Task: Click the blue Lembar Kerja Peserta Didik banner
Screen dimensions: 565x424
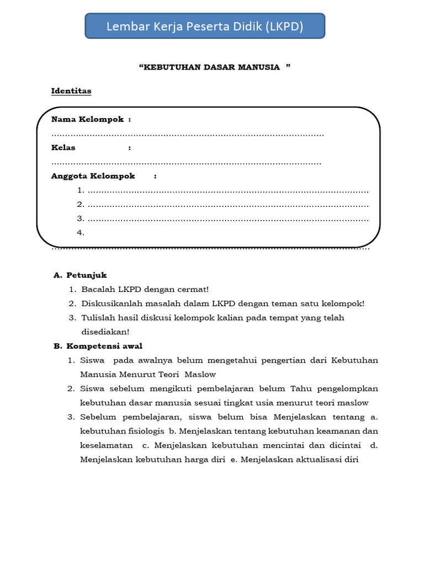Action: pyautogui.click(x=205, y=26)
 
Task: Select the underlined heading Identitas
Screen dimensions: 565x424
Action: pyautogui.click(x=71, y=90)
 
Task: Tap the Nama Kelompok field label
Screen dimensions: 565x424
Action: pyautogui.click(x=88, y=119)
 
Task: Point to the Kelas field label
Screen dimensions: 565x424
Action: pyautogui.click(x=63, y=147)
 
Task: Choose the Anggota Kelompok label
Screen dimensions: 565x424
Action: pyautogui.click(x=93, y=176)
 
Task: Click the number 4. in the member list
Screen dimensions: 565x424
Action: pyautogui.click(x=81, y=232)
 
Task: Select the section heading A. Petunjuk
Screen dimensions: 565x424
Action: pyautogui.click(x=80, y=275)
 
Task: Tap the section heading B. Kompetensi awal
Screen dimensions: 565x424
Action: pyautogui.click(x=98, y=346)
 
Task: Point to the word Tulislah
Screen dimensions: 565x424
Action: pyautogui.click(x=97, y=318)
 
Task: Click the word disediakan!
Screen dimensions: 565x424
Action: pyautogui.click(x=105, y=332)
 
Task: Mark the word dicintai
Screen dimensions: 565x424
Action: pyautogui.click(x=343, y=445)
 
